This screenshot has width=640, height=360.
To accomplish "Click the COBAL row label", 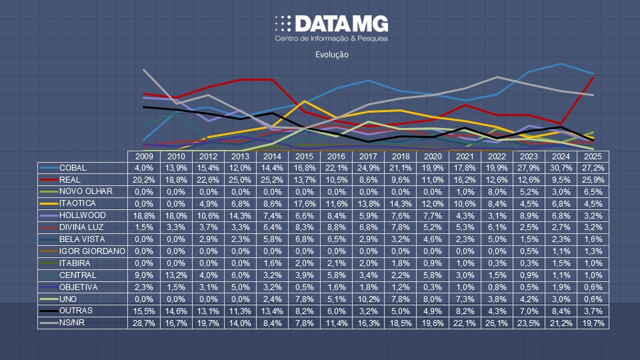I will pyautogui.click(x=73, y=167).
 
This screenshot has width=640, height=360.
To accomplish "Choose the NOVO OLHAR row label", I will pyautogui.click(x=85, y=191).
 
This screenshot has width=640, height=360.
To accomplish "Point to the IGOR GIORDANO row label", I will pyautogui.click(x=91, y=251).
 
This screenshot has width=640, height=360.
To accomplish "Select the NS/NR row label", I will pyautogui.click(x=73, y=323).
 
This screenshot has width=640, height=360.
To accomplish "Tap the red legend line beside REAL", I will pyautogui.click(x=48, y=179).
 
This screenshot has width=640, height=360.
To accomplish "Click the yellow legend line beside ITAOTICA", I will pyautogui.click(x=48, y=203).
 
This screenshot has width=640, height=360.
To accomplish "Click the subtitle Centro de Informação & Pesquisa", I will pyautogui.click(x=331, y=39).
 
